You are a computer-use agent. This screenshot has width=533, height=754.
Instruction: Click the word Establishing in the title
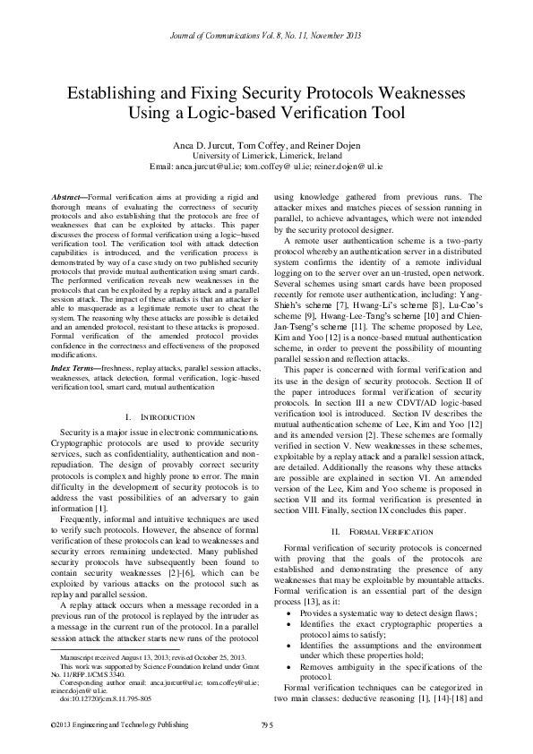tap(115, 93)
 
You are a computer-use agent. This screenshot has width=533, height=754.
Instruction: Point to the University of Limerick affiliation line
tap(266, 155)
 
